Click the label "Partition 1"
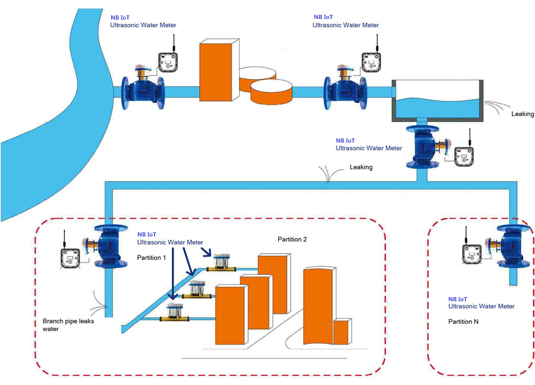tap(151, 257)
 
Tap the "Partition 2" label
tap(292, 239)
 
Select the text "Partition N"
tap(463, 321)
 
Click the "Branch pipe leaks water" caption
tap(68, 325)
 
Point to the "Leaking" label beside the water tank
tap(523, 114)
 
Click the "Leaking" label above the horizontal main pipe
tap(361, 167)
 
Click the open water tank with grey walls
tap(438, 101)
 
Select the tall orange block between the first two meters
tap(219, 70)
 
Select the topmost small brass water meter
tap(222, 263)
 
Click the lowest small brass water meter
tap(175, 313)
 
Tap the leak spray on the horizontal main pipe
tap(327, 174)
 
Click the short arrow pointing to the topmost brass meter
tap(206, 252)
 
